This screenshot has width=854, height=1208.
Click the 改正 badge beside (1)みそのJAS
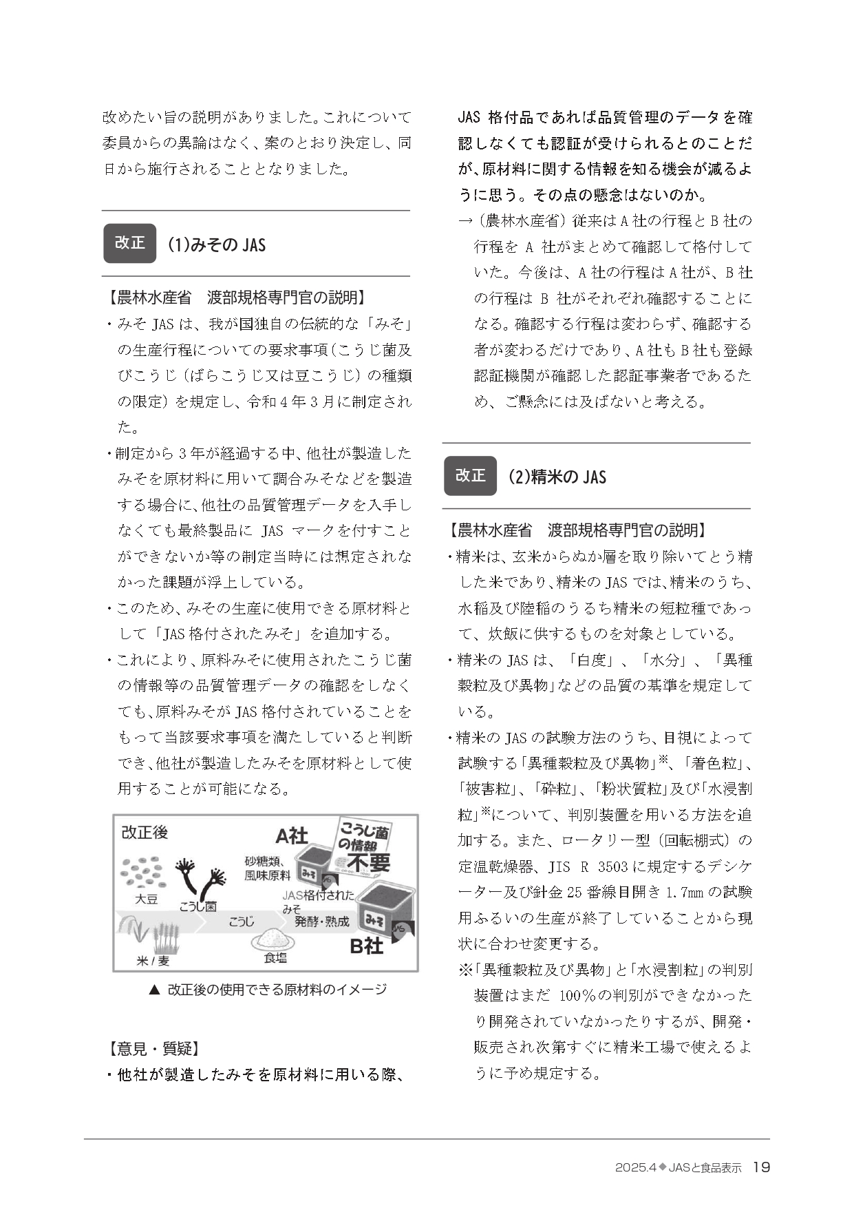pos(129,243)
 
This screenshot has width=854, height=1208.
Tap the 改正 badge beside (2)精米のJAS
pos(470,476)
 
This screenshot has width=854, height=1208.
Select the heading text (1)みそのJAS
pos(217,244)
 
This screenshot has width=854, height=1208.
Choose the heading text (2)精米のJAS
pos(557,477)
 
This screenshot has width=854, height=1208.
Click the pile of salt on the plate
pos(274,937)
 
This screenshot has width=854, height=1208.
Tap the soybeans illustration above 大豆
pos(144,872)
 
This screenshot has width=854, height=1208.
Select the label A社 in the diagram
pos(291,835)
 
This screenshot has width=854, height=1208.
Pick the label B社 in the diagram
pos(366,946)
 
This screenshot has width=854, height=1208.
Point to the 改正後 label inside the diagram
pos(145,832)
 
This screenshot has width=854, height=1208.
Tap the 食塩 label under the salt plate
pos(275,957)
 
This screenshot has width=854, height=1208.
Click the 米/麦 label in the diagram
pos(153,960)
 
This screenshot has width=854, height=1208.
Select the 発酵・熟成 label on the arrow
pos(321,921)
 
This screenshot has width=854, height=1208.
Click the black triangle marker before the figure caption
pos(154,990)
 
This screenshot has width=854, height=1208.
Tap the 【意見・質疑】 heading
pos(153,1049)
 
